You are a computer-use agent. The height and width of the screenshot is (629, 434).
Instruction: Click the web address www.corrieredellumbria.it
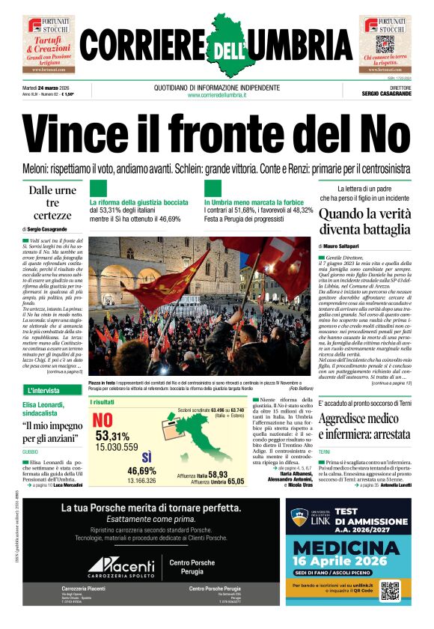(217, 94)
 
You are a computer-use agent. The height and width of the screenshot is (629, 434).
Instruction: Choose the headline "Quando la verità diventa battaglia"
(364, 222)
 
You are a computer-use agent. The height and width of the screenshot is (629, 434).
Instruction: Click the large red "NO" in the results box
(103, 420)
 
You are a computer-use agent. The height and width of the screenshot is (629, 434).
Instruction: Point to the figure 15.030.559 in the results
(116, 447)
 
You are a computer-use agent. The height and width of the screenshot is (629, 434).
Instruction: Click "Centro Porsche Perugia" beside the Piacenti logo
(194, 566)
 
